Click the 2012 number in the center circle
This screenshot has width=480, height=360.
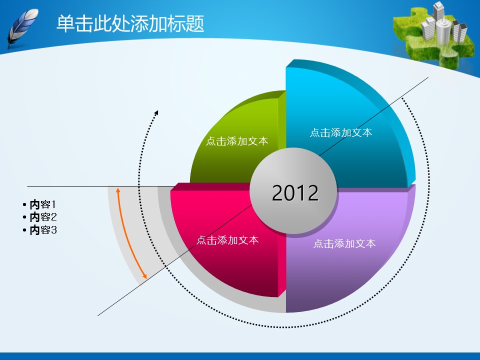tap(295, 193)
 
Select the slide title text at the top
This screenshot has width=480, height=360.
tap(130, 23)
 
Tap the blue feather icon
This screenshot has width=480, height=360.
tap(22, 28)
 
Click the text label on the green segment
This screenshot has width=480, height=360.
tap(237, 141)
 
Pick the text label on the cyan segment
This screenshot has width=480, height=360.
tap(341, 132)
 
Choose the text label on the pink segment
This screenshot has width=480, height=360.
tap(227, 240)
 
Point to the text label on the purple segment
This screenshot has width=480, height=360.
tap(344, 243)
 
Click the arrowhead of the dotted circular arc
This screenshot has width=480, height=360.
tap(156, 112)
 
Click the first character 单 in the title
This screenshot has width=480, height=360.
tap(66, 23)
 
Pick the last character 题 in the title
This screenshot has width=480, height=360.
tap(195, 23)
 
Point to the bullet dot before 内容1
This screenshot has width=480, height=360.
tap(24, 204)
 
